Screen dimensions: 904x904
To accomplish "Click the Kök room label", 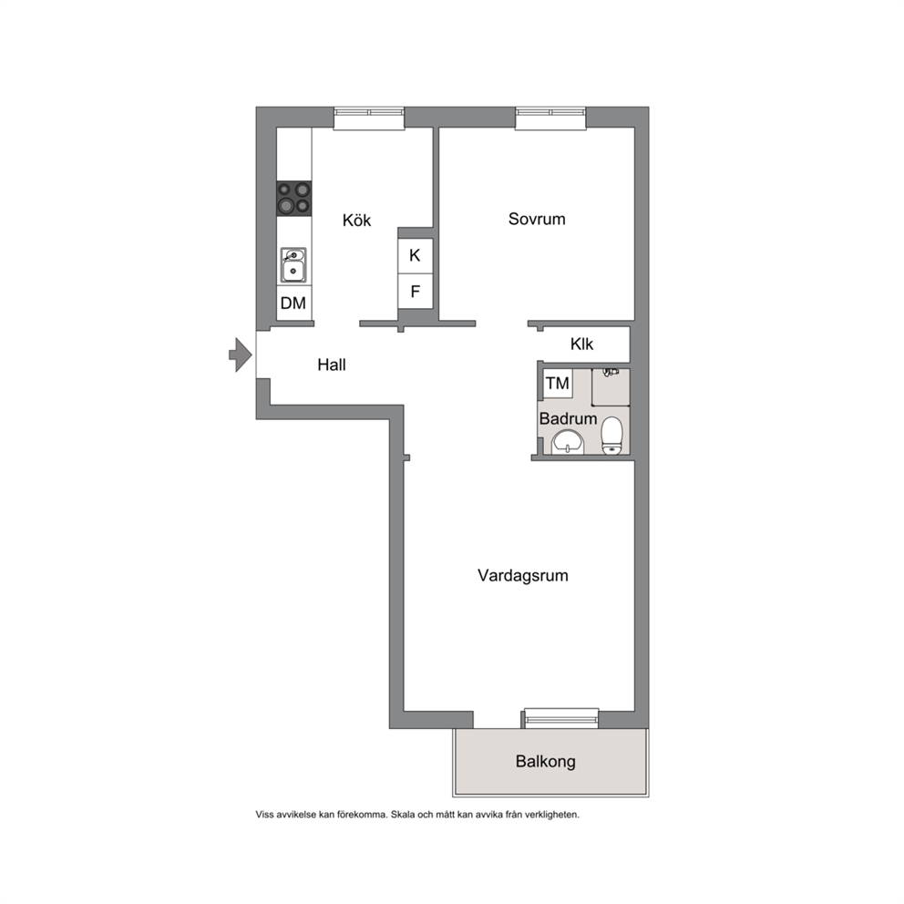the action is [x=356, y=220].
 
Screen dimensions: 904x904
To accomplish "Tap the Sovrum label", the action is [x=537, y=219].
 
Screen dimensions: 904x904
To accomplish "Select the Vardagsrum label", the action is [x=523, y=575].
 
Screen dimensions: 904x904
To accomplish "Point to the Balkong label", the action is [x=545, y=762].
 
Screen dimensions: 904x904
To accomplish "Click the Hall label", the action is [x=332, y=365].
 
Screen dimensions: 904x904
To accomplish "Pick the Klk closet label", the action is [x=581, y=344].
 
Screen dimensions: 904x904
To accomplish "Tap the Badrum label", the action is [x=568, y=418].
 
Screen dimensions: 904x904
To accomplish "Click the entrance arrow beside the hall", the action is [x=241, y=354].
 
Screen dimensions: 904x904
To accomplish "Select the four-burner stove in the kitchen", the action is [x=294, y=199].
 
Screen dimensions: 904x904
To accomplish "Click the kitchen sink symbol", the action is [x=293, y=265].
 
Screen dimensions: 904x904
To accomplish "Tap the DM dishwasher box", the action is [x=294, y=303].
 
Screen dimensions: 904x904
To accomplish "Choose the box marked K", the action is [x=416, y=255].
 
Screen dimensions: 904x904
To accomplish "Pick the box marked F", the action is [x=416, y=292].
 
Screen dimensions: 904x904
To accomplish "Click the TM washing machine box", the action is [x=558, y=384].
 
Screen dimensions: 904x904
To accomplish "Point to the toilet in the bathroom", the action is [x=611, y=436].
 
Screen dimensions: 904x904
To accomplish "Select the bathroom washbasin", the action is [x=569, y=444].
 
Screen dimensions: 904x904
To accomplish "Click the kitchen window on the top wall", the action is [x=369, y=118].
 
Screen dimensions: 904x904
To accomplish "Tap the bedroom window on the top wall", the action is [x=550, y=118].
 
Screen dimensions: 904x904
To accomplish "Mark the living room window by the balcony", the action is [x=561, y=718].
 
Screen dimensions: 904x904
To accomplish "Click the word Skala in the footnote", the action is [x=403, y=815].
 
